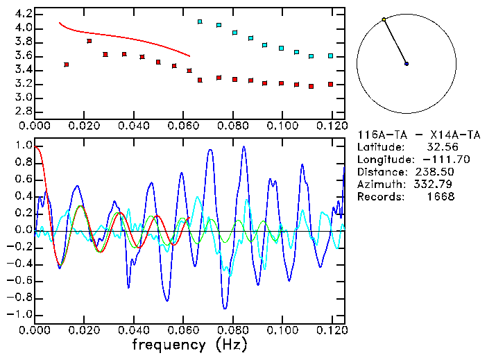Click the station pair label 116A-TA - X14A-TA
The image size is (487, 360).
point(418,134)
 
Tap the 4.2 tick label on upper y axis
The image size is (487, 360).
point(23,14)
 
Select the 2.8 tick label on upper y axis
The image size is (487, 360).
point(23,112)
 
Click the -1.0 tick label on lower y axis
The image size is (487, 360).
point(20,314)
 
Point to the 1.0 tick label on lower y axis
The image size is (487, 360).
point(23,146)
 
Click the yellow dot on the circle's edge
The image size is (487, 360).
point(384,19)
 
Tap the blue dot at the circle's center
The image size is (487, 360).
point(407,64)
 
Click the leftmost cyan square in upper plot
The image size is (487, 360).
point(200,22)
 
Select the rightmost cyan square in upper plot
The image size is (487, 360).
point(330,55)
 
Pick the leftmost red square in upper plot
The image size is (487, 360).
point(66,65)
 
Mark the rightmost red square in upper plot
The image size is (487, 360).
point(330,84)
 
